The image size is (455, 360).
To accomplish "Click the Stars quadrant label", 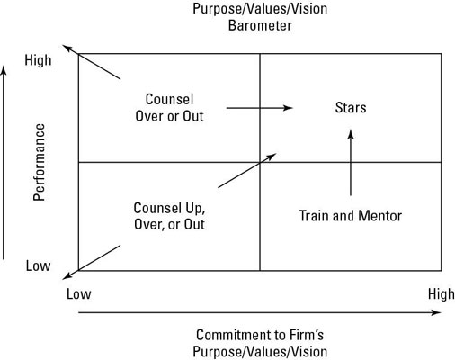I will (350, 108).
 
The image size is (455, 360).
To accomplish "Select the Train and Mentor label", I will (350, 216).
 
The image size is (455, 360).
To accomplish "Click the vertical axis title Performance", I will (40, 162).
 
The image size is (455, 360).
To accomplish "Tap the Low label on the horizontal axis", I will (79, 294).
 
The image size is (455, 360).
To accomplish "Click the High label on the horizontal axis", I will (442, 294).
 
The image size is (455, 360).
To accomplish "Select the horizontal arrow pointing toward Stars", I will (259, 108).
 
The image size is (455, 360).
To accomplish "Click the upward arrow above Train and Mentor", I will (351, 163).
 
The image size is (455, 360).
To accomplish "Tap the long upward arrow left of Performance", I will (7, 162).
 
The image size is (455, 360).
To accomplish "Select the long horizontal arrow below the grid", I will (261, 313).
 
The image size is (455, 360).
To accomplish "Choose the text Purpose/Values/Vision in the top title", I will (260, 8).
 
